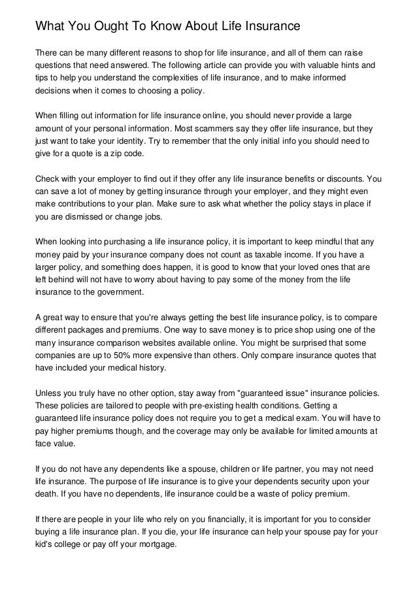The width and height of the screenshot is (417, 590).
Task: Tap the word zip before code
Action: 124,153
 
